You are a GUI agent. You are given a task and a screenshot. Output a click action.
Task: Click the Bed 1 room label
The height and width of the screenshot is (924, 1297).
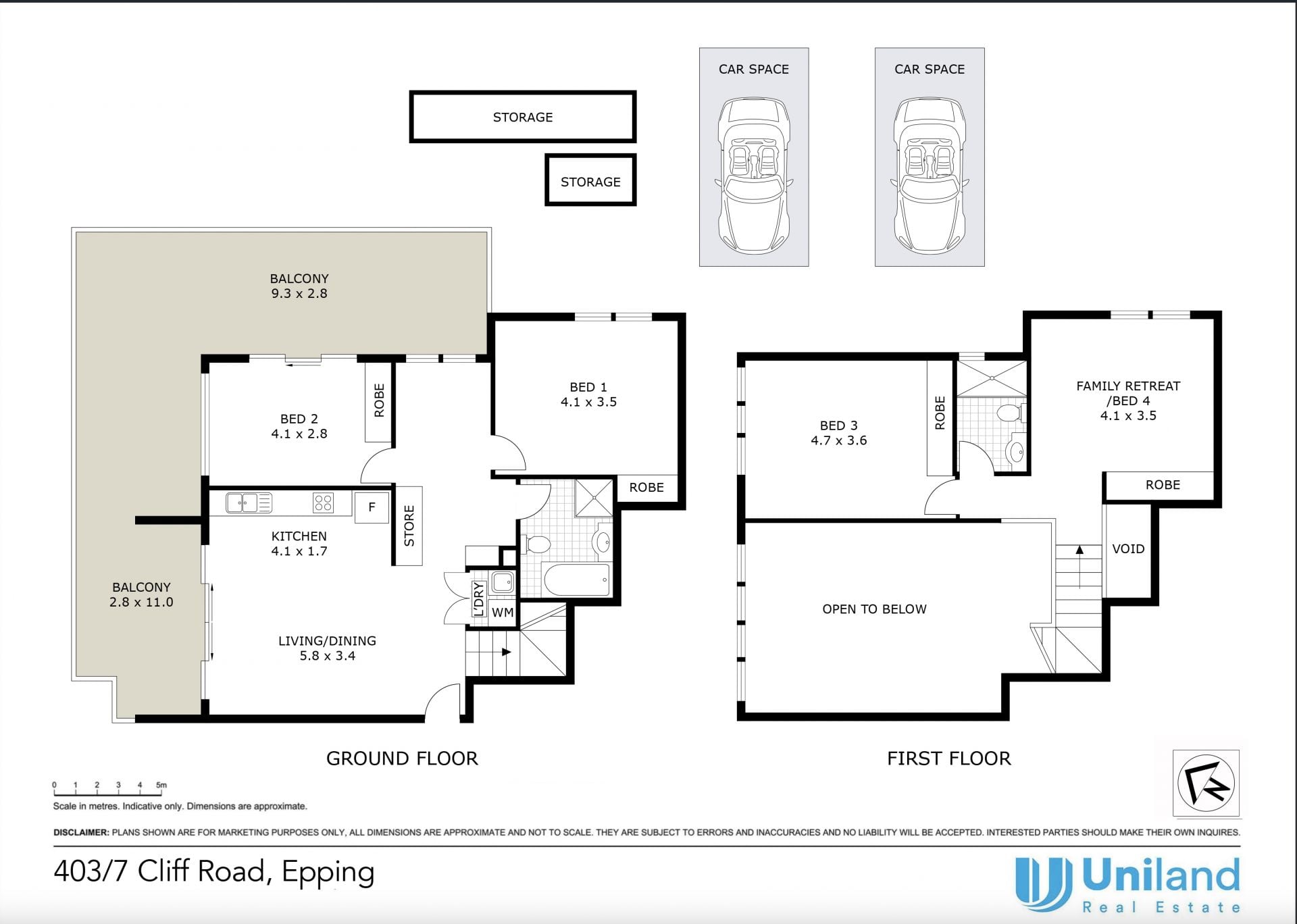pyautogui.click(x=588, y=387)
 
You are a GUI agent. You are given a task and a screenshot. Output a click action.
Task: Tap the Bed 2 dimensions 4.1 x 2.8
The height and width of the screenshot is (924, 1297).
pyautogui.click(x=299, y=434)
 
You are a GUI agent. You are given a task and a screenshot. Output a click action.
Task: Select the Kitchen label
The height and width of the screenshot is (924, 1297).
pyautogui.click(x=299, y=536)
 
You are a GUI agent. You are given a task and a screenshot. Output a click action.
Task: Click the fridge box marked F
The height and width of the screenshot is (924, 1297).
pyautogui.click(x=372, y=507)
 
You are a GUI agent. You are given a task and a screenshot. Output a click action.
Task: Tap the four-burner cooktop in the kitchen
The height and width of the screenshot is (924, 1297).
pyautogui.click(x=323, y=503)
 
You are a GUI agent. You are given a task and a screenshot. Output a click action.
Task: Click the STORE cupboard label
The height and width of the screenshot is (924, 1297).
pyautogui.click(x=409, y=525)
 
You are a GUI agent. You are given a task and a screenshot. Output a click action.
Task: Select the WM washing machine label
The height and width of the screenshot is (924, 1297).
pyautogui.click(x=502, y=613)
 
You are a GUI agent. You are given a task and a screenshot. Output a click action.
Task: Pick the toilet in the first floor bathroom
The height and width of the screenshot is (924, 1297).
pyautogui.click(x=1012, y=413)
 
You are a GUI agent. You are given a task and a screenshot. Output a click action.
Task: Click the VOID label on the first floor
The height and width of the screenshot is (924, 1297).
pyautogui.click(x=1128, y=549)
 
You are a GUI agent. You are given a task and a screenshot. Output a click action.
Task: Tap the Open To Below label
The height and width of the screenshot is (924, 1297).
pyautogui.click(x=874, y=609)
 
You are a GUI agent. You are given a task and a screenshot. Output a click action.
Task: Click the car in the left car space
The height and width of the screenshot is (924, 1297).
pyautogui.click(x=753, y=176)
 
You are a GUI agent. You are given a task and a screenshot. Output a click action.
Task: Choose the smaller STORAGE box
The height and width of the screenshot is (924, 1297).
pyautogui.click(x=590, y=180)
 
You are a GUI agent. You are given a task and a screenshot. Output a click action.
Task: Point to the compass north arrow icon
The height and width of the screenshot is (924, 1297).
pyautogui.click(x=1206, y=784)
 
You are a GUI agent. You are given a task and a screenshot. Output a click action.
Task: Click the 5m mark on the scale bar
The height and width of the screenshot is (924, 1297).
pyautogui.click(x=161, y=786)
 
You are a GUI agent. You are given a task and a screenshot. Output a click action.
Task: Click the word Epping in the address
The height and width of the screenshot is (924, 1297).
pyautogui.click(x=328, y=873)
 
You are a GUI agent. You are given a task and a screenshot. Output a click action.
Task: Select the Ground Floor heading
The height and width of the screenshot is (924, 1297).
pyautogui.click(x=402, y=759)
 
